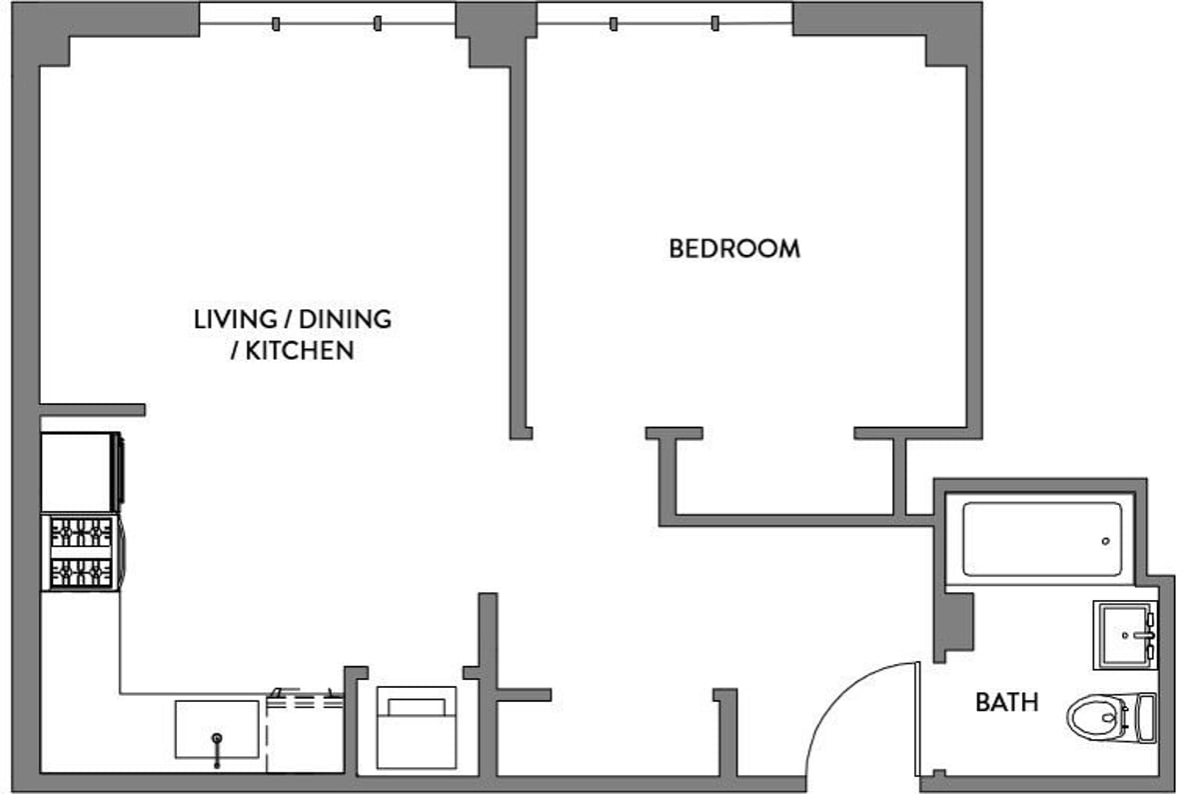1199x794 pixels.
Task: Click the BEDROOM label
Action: click(x=734, y=249)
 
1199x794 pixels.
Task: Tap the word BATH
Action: click(x=1007, y=702)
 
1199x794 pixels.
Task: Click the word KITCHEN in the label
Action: click(x=300, y=350)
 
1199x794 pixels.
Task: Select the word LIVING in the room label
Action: click(x=236, y=319)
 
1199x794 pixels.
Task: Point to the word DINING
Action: click(x=346, y=319)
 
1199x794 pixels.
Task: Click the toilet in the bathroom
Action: click(x=1111, y=718)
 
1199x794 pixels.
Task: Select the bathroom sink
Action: click(x=1125, y=635)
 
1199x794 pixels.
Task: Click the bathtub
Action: click(x=1042, y=539)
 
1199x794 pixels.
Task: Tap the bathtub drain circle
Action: click(x=1106, y=541)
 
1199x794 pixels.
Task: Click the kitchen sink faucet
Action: click(x=217, y=750)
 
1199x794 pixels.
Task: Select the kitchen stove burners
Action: click(x=81, y=553)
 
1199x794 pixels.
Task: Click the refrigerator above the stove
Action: click(x=81, y=472)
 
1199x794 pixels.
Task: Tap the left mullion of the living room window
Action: click(x=276, y=24)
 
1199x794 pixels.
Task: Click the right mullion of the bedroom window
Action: click(x=715, y=24)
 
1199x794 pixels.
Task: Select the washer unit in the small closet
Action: click(x=417, y=728)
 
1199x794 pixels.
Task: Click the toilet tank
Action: click(x=1147, y=718)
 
